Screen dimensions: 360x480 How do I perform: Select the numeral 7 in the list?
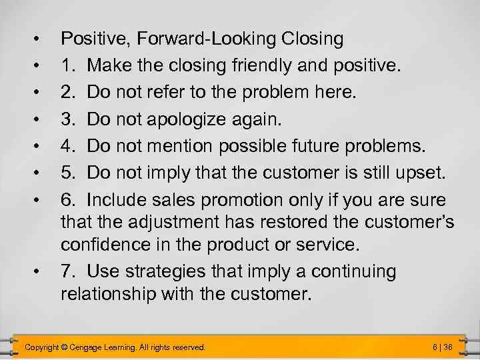pyautogui.click(x=67, y=272)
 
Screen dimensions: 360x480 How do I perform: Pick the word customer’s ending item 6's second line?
pyautogui.click(x=400, y=222)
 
